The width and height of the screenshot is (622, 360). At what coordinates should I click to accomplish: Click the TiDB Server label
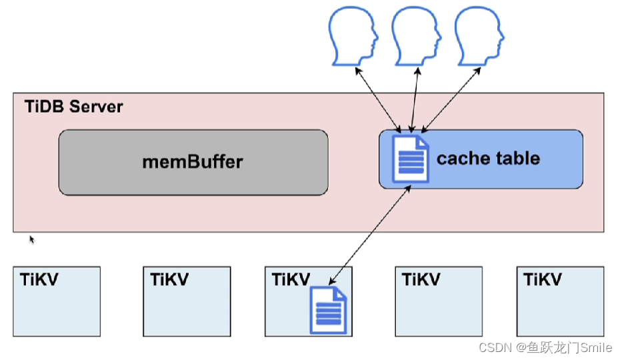coord(74,107)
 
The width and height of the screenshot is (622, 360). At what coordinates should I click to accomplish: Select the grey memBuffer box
coord(193,162)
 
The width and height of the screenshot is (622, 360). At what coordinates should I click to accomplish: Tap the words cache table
coord(488,159)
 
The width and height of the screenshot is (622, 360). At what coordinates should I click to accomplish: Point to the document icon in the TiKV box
coord(328,309)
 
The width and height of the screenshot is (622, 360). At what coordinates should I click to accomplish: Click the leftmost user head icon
coord(353,34)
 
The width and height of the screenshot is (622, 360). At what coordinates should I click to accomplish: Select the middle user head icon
coord(417,34)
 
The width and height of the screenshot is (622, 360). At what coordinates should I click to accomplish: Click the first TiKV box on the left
coord(57,301)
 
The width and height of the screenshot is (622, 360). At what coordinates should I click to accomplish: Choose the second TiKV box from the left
coord(187,301)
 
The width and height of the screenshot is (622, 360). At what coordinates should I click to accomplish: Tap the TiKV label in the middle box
coord(291,279)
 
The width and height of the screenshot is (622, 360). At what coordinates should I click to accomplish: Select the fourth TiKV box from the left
coord(439,301)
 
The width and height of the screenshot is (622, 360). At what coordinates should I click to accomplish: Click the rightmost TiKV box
coord(560,301)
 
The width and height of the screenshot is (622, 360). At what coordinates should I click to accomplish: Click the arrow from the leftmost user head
coord(377,99)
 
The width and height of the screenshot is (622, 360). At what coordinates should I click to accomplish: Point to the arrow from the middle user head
coord(415,99)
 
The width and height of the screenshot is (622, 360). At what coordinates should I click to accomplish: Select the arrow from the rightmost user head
coord(451,99)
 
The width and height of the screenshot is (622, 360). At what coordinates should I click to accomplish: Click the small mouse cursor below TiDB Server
coord(31,239)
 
